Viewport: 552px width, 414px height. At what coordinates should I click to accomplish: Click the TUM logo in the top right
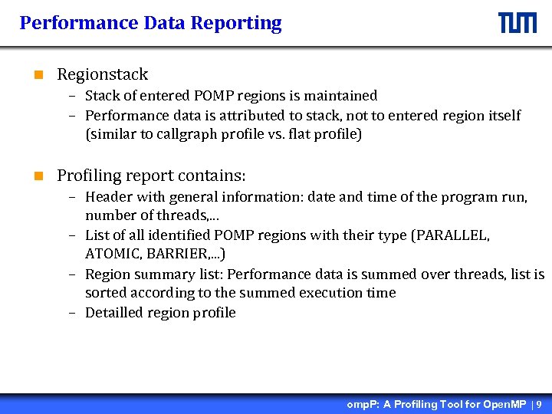click(517, 23)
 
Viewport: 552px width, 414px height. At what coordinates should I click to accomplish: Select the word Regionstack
click(102, 74)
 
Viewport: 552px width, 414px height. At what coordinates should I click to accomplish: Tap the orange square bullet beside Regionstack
click(38, 75)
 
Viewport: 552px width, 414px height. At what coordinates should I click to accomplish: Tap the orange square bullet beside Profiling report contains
click(38, 176)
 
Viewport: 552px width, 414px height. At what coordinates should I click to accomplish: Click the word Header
click(107, 197)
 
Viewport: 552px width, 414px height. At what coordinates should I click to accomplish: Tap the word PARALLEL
click(451, 235)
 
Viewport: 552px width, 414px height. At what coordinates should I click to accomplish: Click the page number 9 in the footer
click(539, 404)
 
